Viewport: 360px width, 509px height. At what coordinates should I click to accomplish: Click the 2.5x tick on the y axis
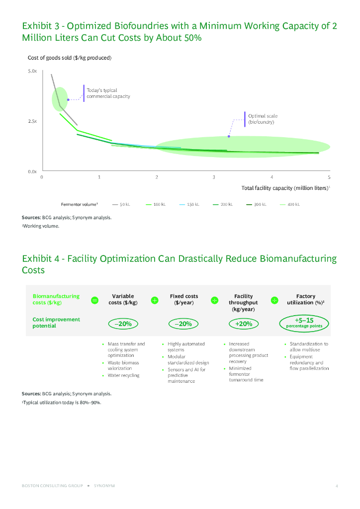[x=32, y=121]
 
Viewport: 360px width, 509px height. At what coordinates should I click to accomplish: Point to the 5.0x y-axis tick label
[x=32, y=72]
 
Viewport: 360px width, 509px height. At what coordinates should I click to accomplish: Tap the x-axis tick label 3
[x=214, y=177]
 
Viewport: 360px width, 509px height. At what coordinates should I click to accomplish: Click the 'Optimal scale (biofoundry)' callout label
[x=263, y=119]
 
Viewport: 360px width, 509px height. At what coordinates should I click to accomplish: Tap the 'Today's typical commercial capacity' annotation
[x=108, y=93]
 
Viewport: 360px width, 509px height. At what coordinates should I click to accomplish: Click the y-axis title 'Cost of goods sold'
[x=69, y=58]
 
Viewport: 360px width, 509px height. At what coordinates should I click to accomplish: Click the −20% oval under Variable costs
[x=123, y=324]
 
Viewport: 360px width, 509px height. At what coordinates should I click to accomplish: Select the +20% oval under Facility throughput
[x=244, y=324]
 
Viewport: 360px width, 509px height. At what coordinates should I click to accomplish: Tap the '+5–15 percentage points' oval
[x=304, y=323]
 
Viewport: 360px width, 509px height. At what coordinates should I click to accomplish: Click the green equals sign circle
[x=94, y=300]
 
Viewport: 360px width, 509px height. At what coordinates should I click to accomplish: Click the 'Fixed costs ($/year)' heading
[x=184, y=299]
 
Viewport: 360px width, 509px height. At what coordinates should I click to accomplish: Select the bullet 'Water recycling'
[x=123, y=375]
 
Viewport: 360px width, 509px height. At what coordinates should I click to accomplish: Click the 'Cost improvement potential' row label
[x=56, y=323]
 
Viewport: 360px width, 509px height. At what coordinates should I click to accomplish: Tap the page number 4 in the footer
[x=337, y=486]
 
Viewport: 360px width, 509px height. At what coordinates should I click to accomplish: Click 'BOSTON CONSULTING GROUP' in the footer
[x=52, y=486]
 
